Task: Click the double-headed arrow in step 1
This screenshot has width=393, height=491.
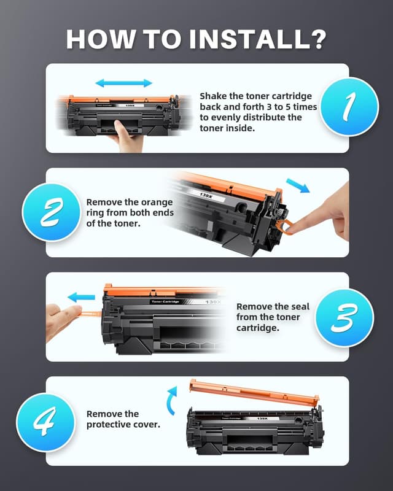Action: click(123, 83)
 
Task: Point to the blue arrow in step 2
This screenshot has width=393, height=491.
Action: click(298, 186)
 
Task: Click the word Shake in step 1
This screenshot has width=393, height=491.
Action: click(213, 96)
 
